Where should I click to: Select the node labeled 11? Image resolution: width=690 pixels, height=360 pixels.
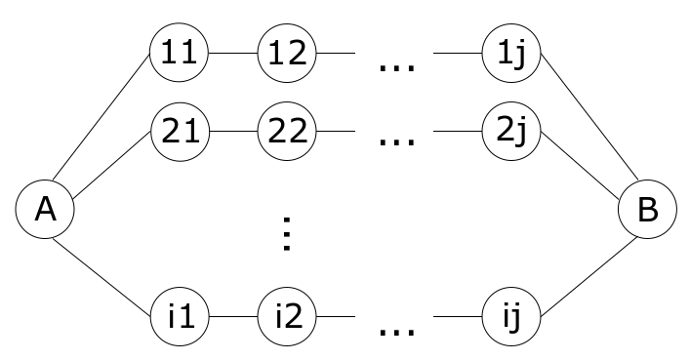pos(179,53)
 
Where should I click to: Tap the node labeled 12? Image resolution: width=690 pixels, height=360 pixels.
pos(287,53)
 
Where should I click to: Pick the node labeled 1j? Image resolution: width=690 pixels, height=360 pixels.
pos(511,53)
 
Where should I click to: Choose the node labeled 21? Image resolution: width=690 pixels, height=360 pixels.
pos(179,134)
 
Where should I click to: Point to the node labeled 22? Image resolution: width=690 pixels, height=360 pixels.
pos(287,134)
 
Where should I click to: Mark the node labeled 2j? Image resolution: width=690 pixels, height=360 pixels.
pos(511,134)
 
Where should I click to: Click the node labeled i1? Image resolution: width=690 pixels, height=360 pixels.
pos(179,317)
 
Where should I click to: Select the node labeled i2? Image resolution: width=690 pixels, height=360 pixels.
pos(287,317)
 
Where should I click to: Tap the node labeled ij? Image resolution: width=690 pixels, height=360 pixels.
pos(511,317)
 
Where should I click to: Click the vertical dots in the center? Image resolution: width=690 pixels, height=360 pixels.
pos(286,235)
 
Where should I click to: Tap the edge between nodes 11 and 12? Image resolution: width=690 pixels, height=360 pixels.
pos(232,53)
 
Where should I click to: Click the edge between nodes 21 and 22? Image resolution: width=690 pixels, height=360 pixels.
pos(232,134)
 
